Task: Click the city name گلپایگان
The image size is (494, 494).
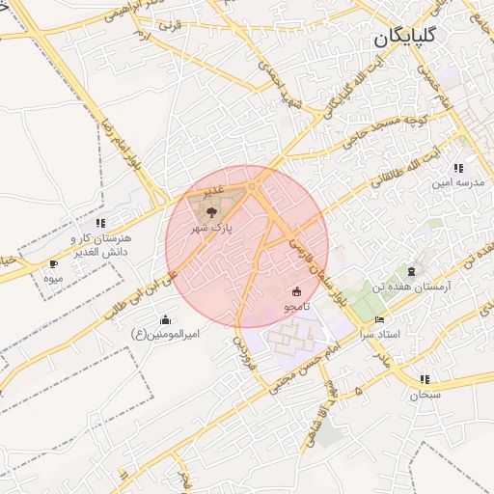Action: pyautogui.click(x=404, y=40)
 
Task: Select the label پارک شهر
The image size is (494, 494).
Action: pyautogui.click(x=212, y=227)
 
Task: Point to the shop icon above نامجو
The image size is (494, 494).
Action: pyautogui.click(x=296, y=290)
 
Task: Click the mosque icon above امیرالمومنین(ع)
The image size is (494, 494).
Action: pyautogui.click(x=165, y=319)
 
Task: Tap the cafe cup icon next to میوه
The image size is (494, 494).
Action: pyautogui.click(x=53, y=263)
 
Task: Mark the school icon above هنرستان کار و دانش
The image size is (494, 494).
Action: pyautogui.click(x=100, y=223)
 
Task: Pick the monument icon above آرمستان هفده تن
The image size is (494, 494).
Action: pyautogui.click(x=413, y=271)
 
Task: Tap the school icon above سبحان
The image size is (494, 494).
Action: pyautogui.click(x=425, y=378)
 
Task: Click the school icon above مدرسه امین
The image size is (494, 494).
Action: pyautogui.click(x=471, y=167)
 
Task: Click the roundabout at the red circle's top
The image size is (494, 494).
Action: pyautogui.click(x=253, y=185)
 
